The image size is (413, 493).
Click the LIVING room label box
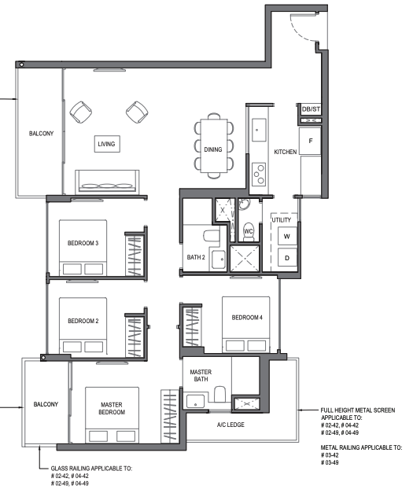coord(107,144)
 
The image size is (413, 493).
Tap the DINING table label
coord(213,149)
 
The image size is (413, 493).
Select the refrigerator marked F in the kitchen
coord(310,141)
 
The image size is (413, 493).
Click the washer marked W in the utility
coord(287,236)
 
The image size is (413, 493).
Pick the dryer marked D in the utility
coord(287,258)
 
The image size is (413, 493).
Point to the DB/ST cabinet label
coord(311,109)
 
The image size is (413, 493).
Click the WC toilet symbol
coord(249,232)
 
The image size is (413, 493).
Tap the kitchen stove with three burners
coord(259,174)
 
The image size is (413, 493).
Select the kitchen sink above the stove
coord(259,130)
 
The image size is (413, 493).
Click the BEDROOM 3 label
coord(83,243)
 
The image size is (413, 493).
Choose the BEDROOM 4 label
coord(247,318)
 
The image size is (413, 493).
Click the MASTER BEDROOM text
coord(112,408)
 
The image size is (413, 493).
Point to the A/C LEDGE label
coord(230,425)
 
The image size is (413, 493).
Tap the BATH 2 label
coord(196,257)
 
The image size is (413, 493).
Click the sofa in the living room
coord(107,182)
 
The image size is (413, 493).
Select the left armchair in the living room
coord(81,112)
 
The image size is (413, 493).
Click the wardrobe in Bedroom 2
coord(135,337)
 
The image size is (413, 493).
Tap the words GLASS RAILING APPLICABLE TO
coord(91,469)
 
